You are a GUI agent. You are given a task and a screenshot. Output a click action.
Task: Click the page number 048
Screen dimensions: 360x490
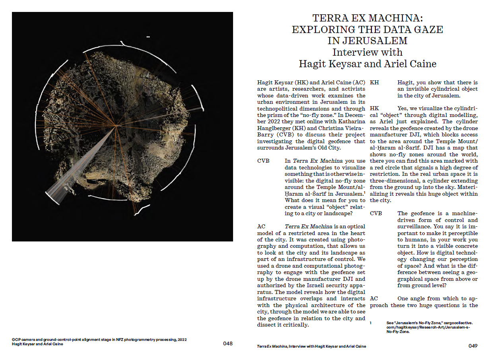[227, 343]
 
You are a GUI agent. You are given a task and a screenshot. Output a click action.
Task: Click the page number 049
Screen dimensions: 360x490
[472, 346]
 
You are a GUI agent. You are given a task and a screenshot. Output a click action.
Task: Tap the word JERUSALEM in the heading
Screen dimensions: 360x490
[367, 41]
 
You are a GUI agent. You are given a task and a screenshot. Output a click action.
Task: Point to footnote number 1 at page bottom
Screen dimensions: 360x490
[371, 323]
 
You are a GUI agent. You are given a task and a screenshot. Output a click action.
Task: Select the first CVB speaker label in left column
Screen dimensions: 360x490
[263, 161]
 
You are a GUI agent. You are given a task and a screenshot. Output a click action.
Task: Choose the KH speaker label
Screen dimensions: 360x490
[374, 82]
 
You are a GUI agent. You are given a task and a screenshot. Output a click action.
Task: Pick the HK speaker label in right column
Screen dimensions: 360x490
[374, 108]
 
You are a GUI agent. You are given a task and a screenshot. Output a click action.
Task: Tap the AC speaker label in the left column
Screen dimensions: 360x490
[261, 226]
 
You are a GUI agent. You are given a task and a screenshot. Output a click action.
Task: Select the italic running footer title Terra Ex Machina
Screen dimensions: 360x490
[272, 346]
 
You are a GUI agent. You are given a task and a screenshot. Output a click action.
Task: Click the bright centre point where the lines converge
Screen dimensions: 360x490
[116, 126]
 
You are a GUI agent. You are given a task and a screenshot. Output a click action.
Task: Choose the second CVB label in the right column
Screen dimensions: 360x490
[376, 213]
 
